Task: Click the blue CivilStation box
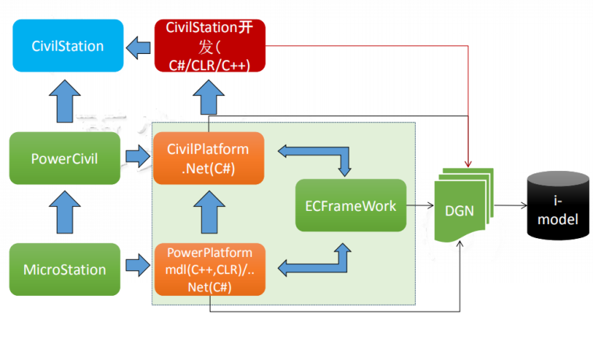[x=67, y=46]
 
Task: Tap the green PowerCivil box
[x=65, y=159]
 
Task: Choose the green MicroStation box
[x=65, y=269]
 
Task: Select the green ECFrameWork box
[x=351, y=205]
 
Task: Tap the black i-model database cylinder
[x=557, y=207]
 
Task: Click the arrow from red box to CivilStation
[x=139, y=47]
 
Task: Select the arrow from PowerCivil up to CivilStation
[x=64, y=102]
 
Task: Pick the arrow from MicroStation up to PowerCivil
[x=64, y=214]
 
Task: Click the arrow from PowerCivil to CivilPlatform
[x=138, y=159]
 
